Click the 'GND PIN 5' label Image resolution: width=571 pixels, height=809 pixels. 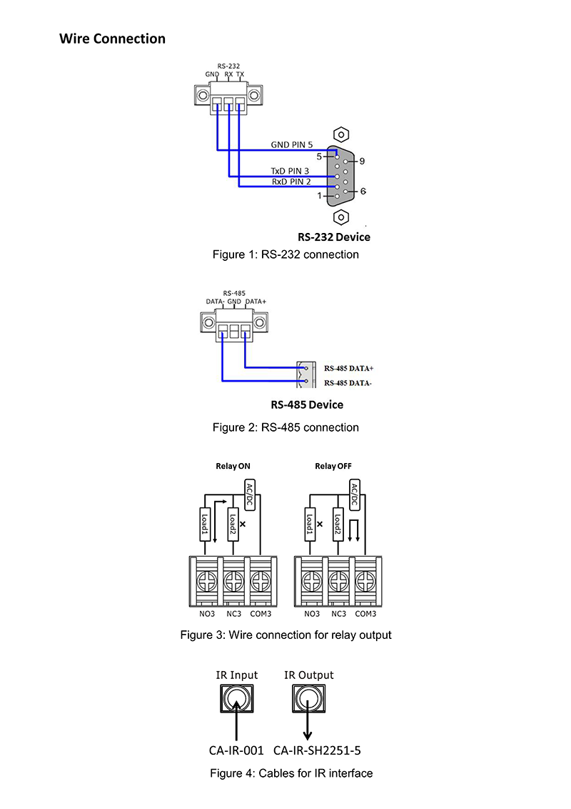(x=292, y=144)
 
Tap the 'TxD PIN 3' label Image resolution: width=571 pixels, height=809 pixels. (x=290, y=172)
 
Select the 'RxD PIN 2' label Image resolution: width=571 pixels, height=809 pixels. (x=290, y=182)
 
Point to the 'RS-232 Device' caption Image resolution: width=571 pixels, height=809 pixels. (x=334, y=237)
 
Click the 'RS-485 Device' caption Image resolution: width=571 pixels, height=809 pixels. (x=307, y=404)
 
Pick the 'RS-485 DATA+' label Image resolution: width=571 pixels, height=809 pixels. (x=349, y=369)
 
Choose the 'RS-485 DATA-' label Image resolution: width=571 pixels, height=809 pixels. (x=348, y=383)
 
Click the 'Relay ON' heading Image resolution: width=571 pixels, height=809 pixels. (x=233, y=466)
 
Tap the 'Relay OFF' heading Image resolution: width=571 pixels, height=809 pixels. (x=333, y=466)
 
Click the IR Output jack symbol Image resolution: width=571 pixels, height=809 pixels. (x=308, y=698)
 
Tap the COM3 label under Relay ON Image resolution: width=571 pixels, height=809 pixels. (x=260, y=614)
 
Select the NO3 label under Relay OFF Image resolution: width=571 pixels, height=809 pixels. (x=312, y=614)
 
